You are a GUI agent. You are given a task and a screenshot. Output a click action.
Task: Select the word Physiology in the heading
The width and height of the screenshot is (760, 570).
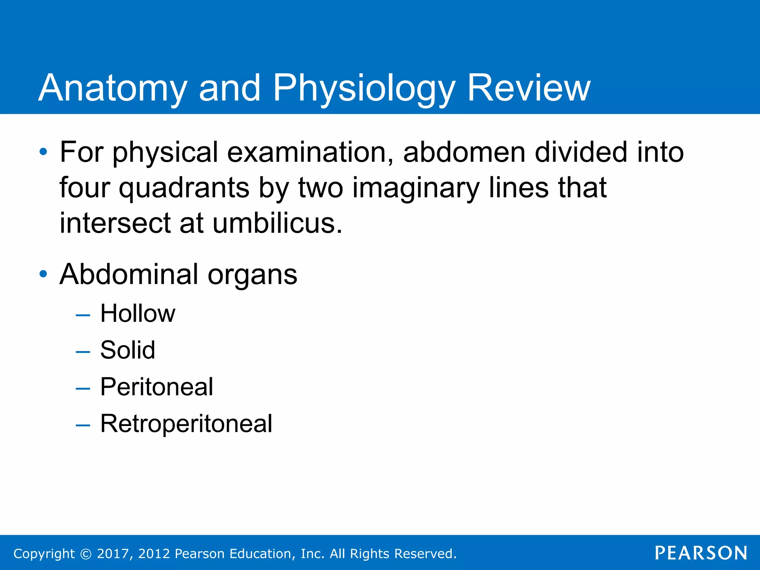point(364,88)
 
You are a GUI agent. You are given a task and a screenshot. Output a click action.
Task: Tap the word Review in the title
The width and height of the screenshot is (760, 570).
point(528,88)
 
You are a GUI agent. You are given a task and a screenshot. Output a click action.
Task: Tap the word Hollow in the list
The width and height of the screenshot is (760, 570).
point(138,314)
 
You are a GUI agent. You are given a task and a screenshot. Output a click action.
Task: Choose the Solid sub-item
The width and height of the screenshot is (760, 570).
point(128,350)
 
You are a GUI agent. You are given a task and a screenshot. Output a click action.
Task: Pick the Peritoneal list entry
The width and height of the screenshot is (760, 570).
point(157,387)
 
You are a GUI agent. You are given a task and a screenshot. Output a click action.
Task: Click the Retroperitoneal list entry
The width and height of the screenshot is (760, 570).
point(186,423)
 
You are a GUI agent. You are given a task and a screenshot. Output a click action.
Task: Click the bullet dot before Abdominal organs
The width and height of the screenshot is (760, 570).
point(43,274)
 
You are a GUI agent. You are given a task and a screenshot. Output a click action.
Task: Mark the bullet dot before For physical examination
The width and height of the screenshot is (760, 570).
point(43,152)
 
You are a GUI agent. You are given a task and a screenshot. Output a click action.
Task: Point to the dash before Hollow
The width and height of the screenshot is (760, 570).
point(83,315)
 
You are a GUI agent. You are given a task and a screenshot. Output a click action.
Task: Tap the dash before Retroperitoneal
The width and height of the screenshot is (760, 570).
point(83,426)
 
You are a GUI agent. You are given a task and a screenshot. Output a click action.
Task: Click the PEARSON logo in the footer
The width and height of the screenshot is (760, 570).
point(701,553)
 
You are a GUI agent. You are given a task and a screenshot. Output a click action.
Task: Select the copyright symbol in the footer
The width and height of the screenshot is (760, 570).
point(86,554)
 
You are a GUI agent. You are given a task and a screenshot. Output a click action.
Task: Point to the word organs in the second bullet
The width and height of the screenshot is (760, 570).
point(252,275)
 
